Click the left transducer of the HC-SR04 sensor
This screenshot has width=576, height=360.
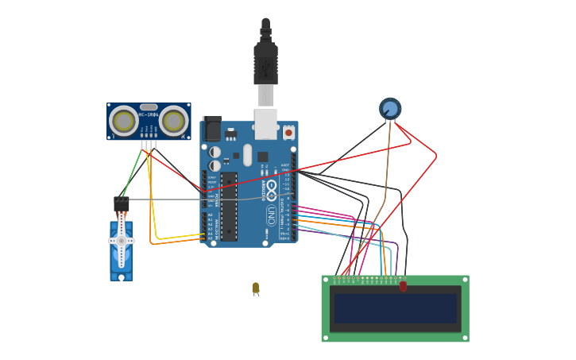123,121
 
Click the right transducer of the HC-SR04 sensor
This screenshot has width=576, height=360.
173,121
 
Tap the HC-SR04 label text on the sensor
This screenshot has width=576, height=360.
149,114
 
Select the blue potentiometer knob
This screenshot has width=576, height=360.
390,108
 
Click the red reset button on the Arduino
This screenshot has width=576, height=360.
288,132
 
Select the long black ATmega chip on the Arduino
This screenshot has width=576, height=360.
229,207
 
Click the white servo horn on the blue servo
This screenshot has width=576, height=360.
122,240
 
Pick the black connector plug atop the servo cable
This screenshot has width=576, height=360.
121,204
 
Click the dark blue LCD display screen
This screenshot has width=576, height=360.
396,308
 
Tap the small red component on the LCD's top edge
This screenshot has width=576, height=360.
403,285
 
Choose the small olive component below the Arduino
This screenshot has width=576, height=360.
256,288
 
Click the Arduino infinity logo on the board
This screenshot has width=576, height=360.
272,190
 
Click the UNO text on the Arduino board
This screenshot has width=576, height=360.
272,215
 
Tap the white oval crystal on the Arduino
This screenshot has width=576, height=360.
247,154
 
